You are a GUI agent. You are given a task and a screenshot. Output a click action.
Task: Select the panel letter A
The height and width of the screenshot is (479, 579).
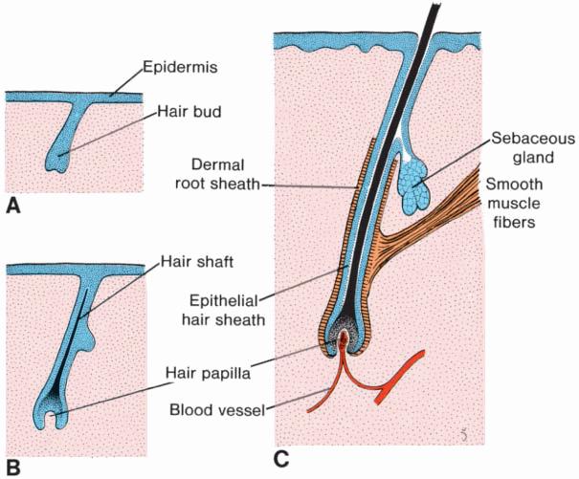[13, 205]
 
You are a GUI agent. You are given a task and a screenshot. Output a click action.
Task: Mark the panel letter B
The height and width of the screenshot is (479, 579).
[13, 468]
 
